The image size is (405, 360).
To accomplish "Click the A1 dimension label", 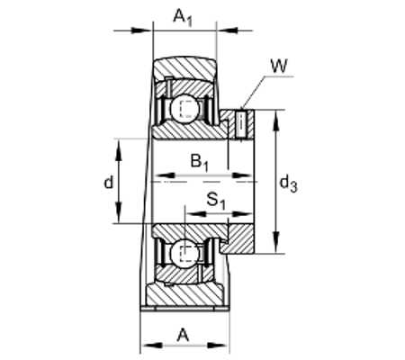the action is [x=183, y=18].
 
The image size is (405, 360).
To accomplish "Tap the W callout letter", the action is [x=279, y=66].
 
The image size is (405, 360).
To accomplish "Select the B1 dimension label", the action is [x=200, y=162].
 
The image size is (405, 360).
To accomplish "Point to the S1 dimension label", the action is [x=216, y=201].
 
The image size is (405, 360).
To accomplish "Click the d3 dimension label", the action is [x=288, y=184].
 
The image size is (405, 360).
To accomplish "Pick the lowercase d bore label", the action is [x=109, y=182].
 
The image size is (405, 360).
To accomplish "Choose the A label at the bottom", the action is [x=183, y=335].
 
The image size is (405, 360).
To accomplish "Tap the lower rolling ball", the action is [x=184, y=253].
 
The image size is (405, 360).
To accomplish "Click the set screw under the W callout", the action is [x=241, y=125].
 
